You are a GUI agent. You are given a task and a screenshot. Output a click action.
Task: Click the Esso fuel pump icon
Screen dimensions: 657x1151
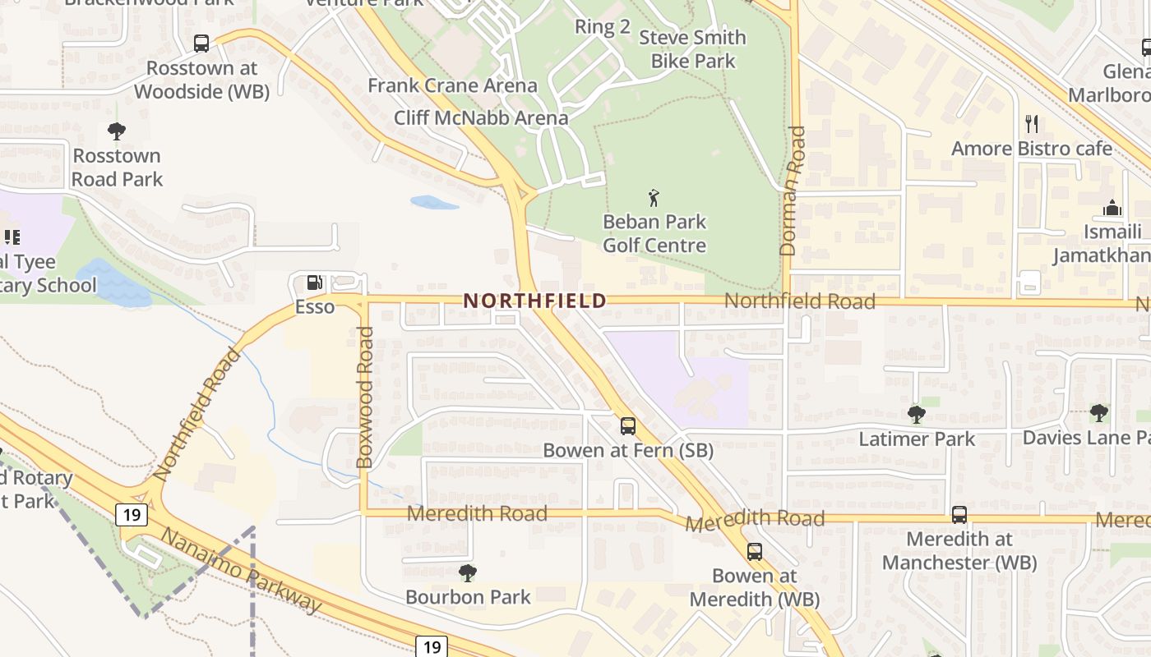pos(314,283)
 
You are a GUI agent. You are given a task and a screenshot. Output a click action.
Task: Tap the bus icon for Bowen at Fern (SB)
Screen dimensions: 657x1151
pos(628,426)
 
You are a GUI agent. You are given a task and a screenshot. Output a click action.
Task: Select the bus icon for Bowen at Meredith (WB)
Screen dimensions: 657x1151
pos(755,552)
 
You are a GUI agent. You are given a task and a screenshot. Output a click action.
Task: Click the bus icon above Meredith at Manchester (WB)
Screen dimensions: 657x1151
pos(959,515)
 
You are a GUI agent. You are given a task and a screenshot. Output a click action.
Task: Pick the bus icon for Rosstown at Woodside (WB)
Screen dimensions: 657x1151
pos(201,44)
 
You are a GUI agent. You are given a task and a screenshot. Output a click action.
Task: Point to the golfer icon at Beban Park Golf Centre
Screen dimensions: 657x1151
pos(654,198)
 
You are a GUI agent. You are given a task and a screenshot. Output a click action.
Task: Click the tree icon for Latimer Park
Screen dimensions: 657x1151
pos(916,415)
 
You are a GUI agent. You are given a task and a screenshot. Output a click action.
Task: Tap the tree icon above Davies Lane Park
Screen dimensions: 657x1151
pos(1098,412)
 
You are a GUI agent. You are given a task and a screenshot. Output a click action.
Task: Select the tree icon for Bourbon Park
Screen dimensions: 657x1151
pos(468,572)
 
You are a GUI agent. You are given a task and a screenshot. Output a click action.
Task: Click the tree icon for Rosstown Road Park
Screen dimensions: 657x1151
pos(117,131)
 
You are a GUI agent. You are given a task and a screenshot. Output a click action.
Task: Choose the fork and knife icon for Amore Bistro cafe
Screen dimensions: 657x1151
pos(1032,124)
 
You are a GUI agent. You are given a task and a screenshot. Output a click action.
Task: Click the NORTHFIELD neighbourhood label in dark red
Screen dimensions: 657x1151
pos(534,301)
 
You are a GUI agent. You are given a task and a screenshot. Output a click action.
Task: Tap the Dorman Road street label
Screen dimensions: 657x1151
pos(796,191)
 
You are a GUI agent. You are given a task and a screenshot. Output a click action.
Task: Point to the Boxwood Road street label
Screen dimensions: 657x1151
pos(366,397)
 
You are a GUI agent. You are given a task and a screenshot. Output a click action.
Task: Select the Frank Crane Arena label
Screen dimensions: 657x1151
pos(452,85)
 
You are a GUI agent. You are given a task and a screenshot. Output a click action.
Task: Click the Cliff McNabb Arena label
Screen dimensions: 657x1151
pos(481,117)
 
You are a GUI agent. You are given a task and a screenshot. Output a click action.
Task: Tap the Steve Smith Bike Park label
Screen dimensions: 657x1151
pos(692,49)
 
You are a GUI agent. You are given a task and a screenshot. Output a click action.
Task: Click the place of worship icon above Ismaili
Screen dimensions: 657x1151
pos(1112,208)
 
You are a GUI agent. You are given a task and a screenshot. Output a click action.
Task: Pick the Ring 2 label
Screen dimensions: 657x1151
pos(602,26)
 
